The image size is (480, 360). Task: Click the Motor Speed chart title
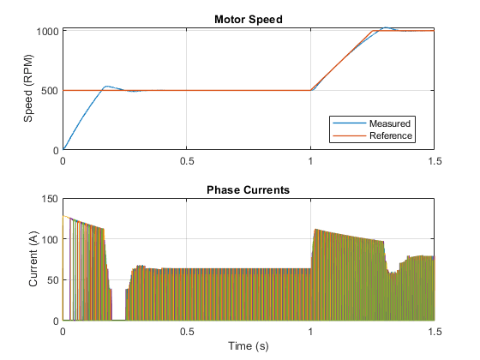tap(249, 19)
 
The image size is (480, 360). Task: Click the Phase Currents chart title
tap(248, 189)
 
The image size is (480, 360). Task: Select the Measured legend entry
tap(390, 123)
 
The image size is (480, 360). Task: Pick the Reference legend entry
tap(391, 135)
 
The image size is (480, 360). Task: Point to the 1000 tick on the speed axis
tap(47, 31)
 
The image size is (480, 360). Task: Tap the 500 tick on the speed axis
tap(50, 91)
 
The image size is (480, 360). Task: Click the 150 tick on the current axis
tap(50, 199)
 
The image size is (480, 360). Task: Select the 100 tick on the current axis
tap(50, 239)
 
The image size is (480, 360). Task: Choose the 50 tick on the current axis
tap(52, 280)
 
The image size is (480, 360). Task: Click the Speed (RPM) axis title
tap(28, 88)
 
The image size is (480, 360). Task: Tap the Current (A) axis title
tap(33, 259)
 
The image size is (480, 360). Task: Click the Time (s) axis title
tap(249, 346)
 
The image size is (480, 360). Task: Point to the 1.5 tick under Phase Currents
tap(435, 332)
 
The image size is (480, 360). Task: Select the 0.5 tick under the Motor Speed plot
tap(187, 161)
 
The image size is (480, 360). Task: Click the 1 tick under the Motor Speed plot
tap(310, 161)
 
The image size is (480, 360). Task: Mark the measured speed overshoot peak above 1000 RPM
tap(386, 27)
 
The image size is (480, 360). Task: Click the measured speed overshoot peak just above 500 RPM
tap(106, 87)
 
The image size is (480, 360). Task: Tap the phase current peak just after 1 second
tap(315, 230)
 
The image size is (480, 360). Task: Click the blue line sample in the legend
tap(350, 123)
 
